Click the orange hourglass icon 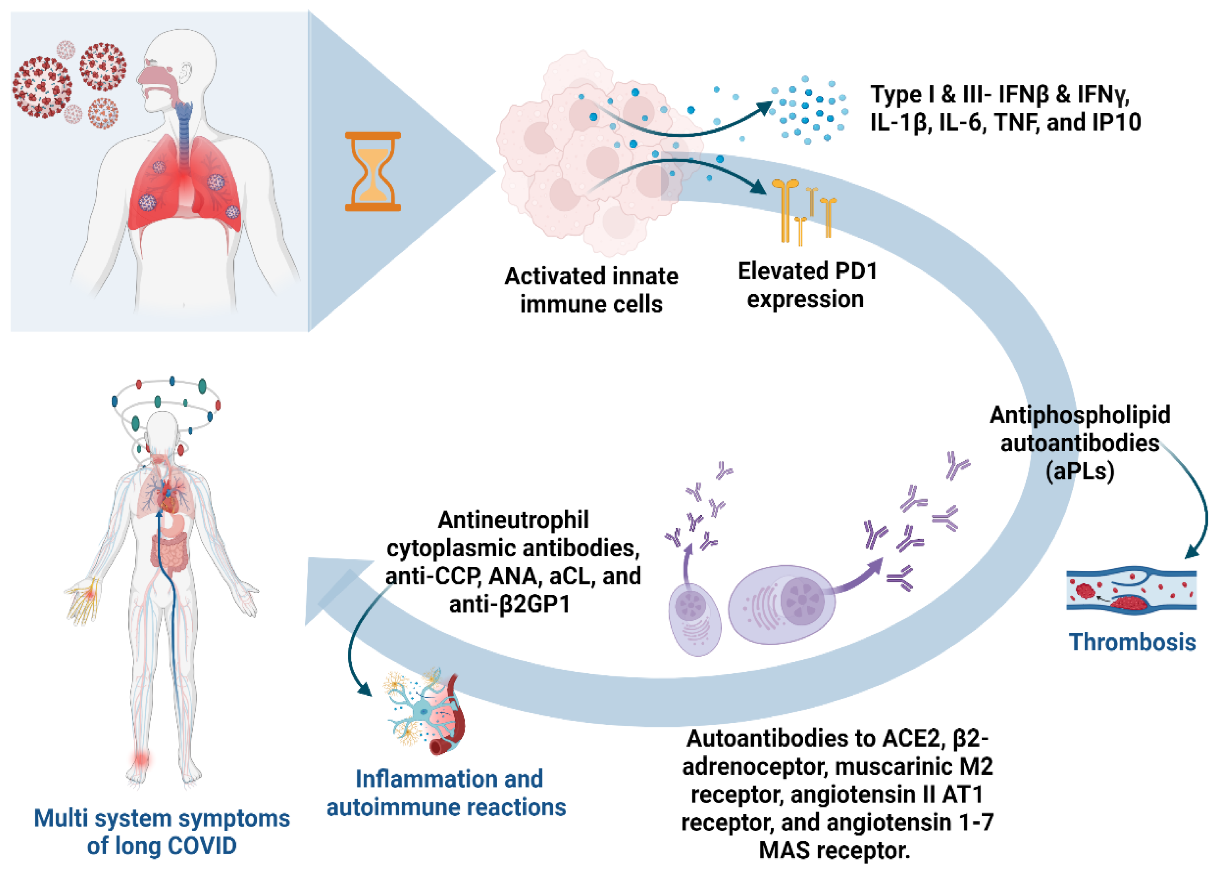pos(372,171)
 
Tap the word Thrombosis pos(1132,642)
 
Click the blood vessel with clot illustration pos(1131,591)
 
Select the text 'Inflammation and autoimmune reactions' pos(446,793)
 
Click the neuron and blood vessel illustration pos(424,712)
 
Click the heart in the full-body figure pos(169,502)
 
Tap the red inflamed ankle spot pos(141,759)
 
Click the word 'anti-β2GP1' pos(509,604)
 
